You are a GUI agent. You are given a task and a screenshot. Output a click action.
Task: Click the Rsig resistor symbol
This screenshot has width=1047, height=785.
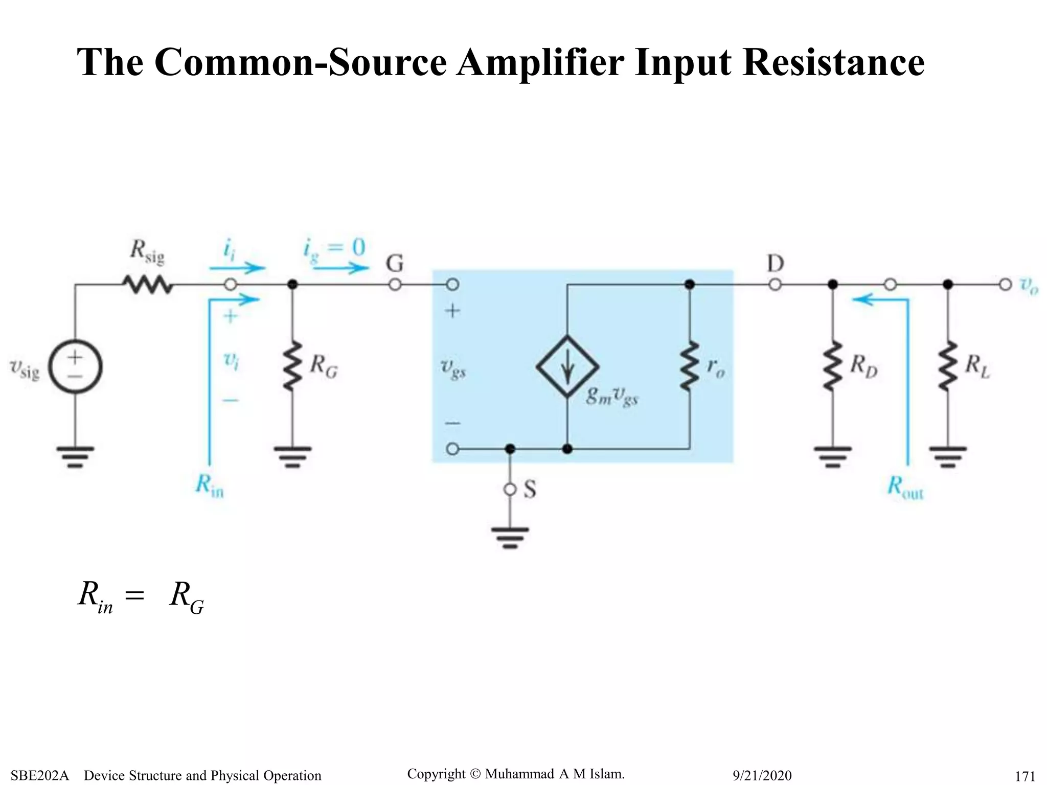click(x=147, y=285)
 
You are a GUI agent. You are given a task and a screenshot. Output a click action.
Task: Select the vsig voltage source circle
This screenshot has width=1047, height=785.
click(x=76, y=367)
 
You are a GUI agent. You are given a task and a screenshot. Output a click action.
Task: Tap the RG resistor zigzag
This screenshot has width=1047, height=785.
click(x=292, y=366)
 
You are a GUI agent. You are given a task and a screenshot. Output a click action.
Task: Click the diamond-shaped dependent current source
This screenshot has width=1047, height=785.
click(x=567, y=366)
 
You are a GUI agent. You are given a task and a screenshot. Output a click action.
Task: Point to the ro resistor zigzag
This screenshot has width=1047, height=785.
click(x=690, y=366)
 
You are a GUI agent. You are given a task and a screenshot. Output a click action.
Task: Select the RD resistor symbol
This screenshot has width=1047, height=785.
click(x=832, y=366)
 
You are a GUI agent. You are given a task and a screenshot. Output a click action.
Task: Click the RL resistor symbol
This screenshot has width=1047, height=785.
click(x=948, y=366)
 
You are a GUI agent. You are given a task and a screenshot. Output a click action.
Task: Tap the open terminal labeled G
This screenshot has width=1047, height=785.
click(x=395, y=285)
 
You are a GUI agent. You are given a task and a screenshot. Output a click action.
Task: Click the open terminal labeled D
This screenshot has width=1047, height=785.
click(x=775, y=285)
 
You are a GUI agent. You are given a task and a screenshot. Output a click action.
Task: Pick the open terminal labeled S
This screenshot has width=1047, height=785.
click(x=510, y=490)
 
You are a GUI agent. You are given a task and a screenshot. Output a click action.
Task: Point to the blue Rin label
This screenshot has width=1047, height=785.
click(x=210, y=485)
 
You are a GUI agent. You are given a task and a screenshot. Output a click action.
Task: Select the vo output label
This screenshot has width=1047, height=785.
click(x=1029, y=286)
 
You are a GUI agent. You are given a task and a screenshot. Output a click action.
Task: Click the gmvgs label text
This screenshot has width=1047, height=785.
click(x=612, y=396)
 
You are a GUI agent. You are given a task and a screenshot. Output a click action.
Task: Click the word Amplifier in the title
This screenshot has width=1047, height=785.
click(x=540, y=62)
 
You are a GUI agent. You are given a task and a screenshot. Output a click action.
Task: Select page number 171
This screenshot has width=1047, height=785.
click(x=1025, y=776)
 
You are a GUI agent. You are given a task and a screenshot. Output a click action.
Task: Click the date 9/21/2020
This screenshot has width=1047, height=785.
click(x=762, y=775)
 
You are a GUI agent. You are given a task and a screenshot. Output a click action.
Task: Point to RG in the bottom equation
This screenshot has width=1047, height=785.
click(x=186, y=597)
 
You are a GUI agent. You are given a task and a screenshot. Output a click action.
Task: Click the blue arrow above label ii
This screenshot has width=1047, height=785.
click(x=237, y=268)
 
